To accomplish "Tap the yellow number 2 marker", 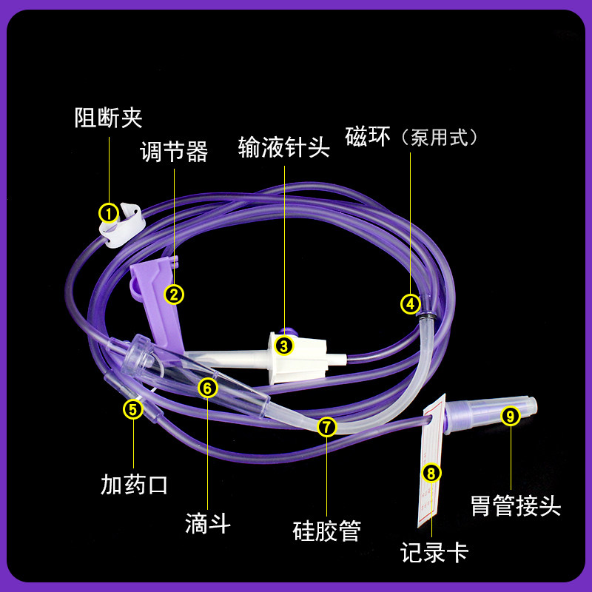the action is click(x=174, y=294).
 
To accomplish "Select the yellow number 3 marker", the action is click(x=284, y=344).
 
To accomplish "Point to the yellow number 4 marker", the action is click(x=411, y=303).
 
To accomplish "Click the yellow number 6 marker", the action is click(x=208, y=387).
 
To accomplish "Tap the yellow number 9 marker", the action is click(x=509, y=415).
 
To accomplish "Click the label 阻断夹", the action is click(x=108, y=118).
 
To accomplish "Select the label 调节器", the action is click(x=174, y=152).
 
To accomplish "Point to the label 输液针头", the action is click(x=283, y=146).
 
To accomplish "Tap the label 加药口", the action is click(x=134, y=485).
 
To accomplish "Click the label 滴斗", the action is click(x=208, y=524).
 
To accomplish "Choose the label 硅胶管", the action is click(x=326, y=530).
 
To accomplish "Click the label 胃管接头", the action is click(x=516, y=507).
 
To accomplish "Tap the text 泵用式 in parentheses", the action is click(x=439, y=138).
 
